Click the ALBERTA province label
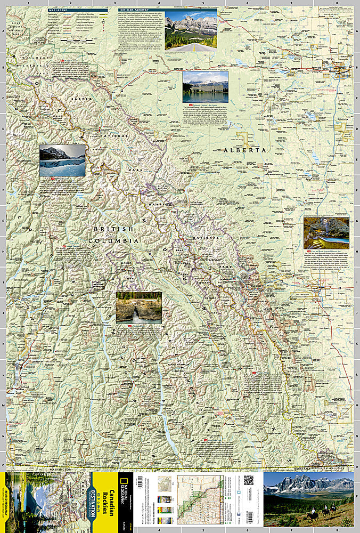pos(244,150)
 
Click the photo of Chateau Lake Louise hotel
pos(205,87)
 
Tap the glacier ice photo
pos(62,160)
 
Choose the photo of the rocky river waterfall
pos(138,307)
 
